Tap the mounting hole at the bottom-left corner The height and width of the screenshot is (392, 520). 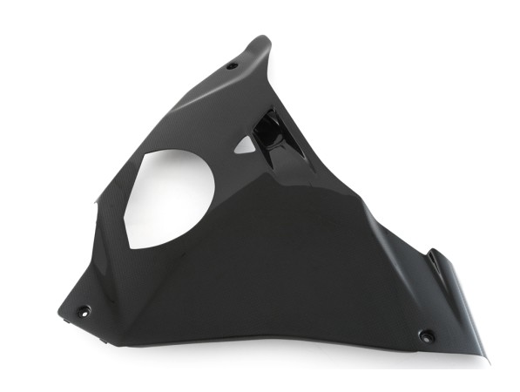tap(84, 310)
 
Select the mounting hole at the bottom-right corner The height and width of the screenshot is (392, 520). tap(426, 335)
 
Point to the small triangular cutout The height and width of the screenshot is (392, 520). tap(246, 146)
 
